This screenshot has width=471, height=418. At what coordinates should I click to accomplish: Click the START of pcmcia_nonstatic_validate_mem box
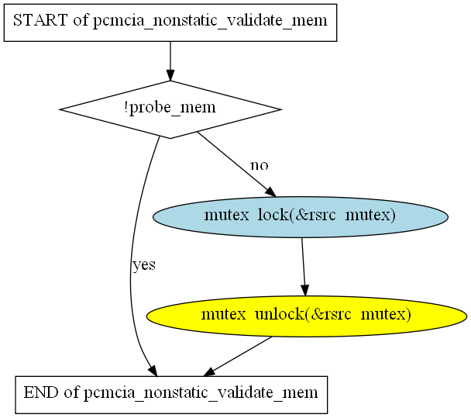click(170, 21)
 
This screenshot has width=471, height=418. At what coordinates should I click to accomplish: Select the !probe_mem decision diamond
click(170, 109)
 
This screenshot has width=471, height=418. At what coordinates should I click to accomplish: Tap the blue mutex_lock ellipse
click(301, 216)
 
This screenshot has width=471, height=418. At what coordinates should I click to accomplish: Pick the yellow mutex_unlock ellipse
click(306, 315)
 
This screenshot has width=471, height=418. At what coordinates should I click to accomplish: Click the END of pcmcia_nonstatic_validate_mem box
click(171, 393)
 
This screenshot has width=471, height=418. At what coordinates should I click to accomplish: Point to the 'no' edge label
click(259, 165)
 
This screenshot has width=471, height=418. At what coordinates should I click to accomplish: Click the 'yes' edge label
click(144, 264)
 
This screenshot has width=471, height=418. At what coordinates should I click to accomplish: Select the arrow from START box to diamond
click(170, 60)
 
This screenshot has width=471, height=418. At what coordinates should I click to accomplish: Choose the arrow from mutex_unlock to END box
click(240, 355)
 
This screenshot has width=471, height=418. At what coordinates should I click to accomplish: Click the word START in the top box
click(40, 21)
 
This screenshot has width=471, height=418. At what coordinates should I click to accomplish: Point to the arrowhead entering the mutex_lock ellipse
click(270, 192)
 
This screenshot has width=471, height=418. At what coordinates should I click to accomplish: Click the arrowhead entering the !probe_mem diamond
click(170, 74)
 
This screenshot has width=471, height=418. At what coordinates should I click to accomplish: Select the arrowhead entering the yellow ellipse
click(306, 289)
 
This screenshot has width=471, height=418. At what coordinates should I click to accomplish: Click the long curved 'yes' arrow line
click(132, 256)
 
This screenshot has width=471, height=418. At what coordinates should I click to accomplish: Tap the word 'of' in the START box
click(81, 21)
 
